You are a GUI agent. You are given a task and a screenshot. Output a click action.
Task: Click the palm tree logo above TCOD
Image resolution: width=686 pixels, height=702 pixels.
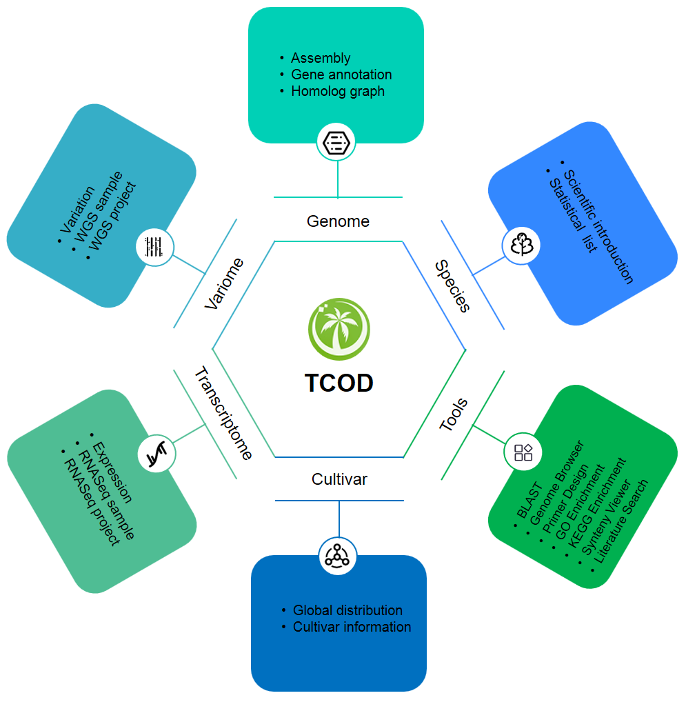(x=339, y=329)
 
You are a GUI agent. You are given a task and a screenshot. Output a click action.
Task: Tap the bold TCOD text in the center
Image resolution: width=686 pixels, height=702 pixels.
(x=339, y=382)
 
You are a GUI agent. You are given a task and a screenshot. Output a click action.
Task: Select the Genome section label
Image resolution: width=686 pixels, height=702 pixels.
(x=338, y=221)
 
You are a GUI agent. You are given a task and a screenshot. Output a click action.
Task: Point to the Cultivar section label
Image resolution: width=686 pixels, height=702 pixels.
(x=339, y=479)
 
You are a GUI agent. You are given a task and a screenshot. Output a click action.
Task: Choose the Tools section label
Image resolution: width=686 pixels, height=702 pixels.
(x=454, y=414)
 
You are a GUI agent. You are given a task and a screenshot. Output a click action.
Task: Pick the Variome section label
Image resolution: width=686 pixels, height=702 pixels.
(x=225, y=283)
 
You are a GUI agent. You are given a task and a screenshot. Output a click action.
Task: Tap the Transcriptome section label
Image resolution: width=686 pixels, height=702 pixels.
(x=223, y=414)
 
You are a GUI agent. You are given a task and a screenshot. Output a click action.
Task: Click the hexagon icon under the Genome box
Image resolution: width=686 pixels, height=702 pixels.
(x=337, y=142)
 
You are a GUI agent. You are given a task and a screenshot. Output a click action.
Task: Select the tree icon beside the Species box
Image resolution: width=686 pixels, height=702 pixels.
(x=521, y=245)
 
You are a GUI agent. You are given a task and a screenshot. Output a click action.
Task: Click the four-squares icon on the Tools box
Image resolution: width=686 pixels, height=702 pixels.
(x=523, y=452)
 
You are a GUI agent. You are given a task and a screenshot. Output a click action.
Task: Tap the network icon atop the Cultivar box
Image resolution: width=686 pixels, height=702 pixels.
(x=338, y=554)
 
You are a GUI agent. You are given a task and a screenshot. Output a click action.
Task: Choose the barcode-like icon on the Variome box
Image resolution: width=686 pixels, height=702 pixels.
(x=154, y=247)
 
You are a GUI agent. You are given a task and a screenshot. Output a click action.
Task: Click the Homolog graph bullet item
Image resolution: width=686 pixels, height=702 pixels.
(x=338, y=91)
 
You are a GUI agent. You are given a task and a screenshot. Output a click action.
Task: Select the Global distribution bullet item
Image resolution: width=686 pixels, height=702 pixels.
(x=347, y=610)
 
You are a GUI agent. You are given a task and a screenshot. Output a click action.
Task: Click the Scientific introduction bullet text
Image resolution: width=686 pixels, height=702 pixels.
(x=598, y=227)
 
